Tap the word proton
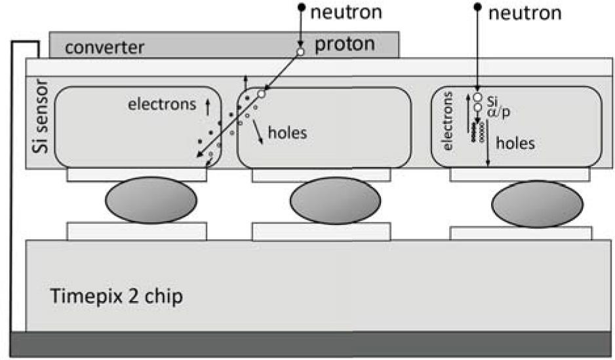344,44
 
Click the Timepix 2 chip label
116,296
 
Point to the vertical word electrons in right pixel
448,121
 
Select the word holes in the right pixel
515,143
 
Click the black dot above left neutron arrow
301,8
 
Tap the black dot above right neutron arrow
477,8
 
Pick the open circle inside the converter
300,51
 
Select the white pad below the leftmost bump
136,231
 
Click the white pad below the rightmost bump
521,233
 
